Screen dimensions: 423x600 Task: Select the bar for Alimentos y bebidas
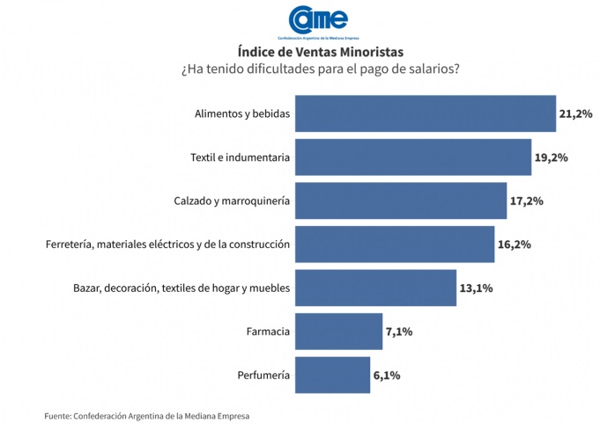click(x=425, y=113)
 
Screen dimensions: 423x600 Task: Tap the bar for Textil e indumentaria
click(x=412, y=157)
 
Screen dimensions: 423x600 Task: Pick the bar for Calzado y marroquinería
click(x=400, y=201)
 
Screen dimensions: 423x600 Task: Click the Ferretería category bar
click(x=394, y=244)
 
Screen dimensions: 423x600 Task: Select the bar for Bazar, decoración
click(x=375, y=288)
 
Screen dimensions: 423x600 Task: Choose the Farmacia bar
click(x=338, y=332)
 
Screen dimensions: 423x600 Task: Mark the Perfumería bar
click(x=332, y=375)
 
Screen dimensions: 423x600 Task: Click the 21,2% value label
click(x=575, y=113)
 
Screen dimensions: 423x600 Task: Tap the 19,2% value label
click(x=551, y=157)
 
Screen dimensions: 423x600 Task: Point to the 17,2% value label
click(x=526, y=201)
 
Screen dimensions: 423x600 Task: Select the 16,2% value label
click(x=514, y=244)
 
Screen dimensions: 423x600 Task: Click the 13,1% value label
click(x=477, y=288)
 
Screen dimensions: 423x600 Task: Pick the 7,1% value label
click(x=399, y=332)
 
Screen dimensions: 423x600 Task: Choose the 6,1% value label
click(x=387, y=375)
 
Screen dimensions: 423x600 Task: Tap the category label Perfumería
click(x=263, y=375)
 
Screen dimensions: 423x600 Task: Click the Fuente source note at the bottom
click(x=152, y=414)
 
